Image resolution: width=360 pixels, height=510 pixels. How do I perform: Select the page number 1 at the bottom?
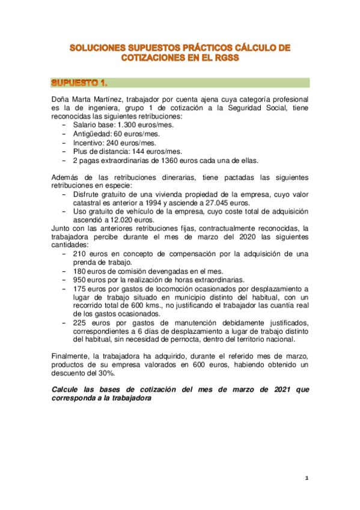(306, 478)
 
